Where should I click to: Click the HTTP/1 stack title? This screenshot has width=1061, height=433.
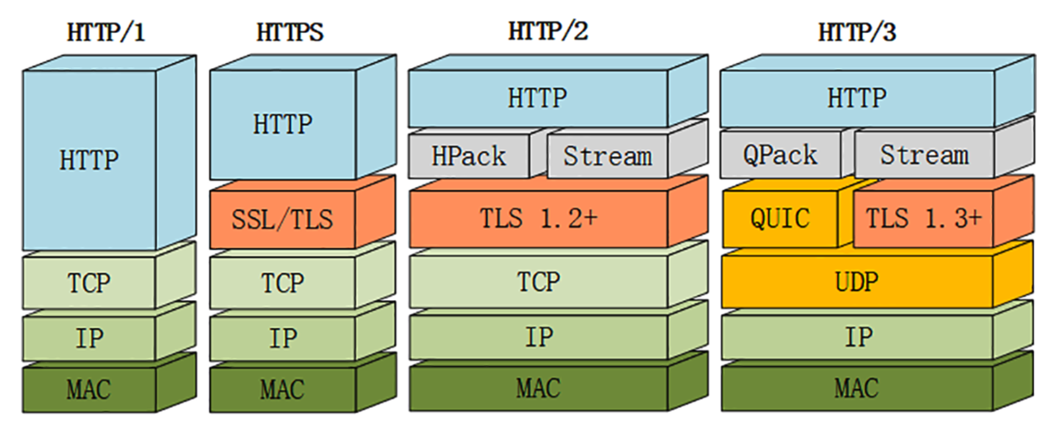point(106,32)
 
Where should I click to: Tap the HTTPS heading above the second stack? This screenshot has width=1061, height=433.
point(289,32)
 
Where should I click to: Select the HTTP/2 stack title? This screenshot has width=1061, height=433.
point(547,31)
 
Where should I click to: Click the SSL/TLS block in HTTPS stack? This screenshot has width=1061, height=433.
point(282,220)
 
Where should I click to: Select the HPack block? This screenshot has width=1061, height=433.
point(469,157)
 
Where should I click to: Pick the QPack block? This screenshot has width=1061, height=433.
point(779,156)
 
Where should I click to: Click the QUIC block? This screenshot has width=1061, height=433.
point(780,218)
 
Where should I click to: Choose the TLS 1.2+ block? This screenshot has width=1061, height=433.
point(538,218)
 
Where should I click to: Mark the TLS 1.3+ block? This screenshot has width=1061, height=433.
point(923,218)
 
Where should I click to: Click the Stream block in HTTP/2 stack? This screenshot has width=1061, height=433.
point(607,157)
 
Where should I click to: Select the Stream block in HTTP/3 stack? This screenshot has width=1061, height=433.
point(924,156)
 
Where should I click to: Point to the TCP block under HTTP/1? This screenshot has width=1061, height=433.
point(89,283)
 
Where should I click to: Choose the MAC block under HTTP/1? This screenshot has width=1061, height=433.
point(89,390)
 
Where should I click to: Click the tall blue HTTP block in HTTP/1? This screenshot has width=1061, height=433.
point(89,160)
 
